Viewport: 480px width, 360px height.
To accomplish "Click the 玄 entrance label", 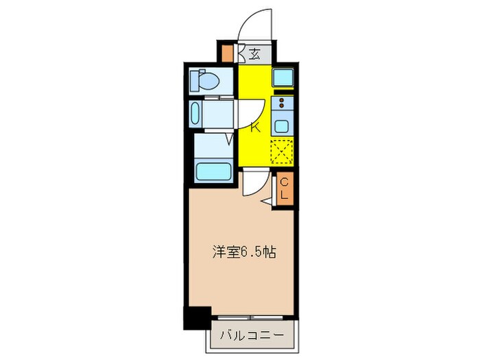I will pyautogui.click(x=254, y=53).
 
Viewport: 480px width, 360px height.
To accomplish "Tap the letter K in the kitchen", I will pyautogui.click(x=254, y=127).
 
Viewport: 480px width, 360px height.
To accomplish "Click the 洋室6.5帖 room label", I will pyautogui.click(x=243, y=252).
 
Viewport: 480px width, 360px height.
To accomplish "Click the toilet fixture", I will pyautogui.click(x=206, y=82).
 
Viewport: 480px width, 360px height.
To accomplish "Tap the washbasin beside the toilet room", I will pyautogui.click(x=195, y=114).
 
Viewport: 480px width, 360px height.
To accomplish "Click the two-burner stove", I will pyautogui.click(x=282, y=104).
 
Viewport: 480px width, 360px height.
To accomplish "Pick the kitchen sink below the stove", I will pyautogui.click(x=282, y=126).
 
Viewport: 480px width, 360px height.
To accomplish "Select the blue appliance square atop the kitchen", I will pyautogui.click(x=283, y=77).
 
